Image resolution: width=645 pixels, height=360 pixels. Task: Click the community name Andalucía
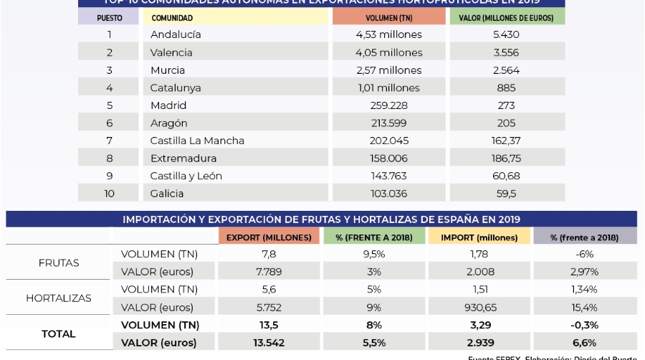[176, 34]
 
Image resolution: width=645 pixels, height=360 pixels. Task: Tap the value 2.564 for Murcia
[506, 70]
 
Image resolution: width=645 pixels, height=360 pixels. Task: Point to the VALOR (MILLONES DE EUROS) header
[507, 17]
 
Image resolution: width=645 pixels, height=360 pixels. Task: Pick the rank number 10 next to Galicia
[110, 194]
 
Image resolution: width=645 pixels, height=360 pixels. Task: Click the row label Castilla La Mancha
[197, 141]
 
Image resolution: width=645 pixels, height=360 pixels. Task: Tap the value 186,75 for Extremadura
[506, 158]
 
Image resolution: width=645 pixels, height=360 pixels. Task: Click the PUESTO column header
[110, 17]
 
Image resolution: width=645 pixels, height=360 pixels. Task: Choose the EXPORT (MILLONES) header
[269, 237]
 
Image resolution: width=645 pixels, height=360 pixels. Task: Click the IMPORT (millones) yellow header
[479, 237]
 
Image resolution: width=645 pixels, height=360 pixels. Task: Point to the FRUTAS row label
[59, 262]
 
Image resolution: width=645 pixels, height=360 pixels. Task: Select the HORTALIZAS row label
[59, 298]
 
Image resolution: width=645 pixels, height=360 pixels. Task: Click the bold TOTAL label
[59, 333]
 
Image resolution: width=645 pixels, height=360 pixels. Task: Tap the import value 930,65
[479, 307]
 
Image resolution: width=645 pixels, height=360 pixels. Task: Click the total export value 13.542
[269, 343]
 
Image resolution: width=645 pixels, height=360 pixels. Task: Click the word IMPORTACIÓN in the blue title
[160, 219]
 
